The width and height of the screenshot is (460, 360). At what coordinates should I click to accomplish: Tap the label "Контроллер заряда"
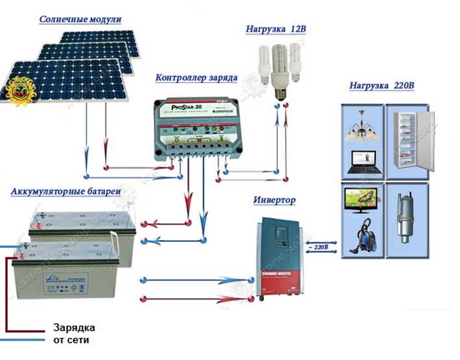click(196, 78)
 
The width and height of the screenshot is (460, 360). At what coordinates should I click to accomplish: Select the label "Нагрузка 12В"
click(275, 30)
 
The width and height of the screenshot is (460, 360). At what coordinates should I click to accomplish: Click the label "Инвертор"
click(274, 200)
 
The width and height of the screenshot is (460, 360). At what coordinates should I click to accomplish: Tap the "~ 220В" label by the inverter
click(321, 247)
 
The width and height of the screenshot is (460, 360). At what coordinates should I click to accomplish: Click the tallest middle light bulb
click(280, 71)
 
